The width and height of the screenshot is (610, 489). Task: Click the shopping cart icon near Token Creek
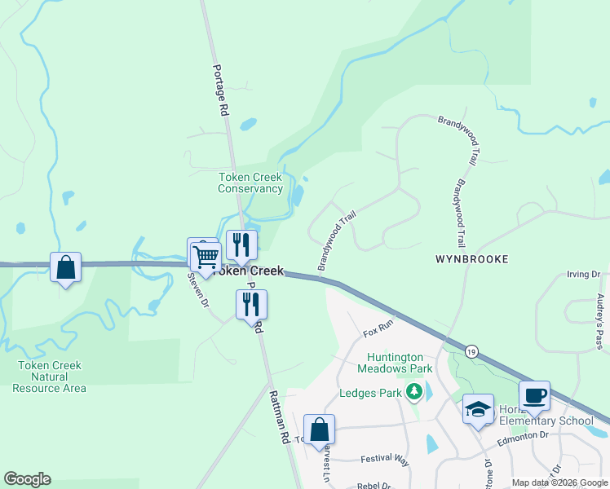click(206, 258)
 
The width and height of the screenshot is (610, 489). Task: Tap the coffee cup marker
click(534, 397)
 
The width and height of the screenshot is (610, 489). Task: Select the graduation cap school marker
click(478, 409)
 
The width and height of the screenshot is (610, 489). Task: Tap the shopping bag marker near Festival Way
click(319, 430)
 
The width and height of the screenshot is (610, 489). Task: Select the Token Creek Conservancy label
click(250, 183)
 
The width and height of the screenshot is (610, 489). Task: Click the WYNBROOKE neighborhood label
click(471, 259)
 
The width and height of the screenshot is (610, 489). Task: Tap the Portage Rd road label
click(220, 90)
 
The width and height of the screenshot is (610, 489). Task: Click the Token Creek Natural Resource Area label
click(50, 377)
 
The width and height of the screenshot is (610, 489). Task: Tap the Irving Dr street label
click(583, 275)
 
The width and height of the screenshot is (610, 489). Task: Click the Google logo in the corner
click(27, 479)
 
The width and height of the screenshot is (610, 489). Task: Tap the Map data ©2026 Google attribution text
click(559, 482)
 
